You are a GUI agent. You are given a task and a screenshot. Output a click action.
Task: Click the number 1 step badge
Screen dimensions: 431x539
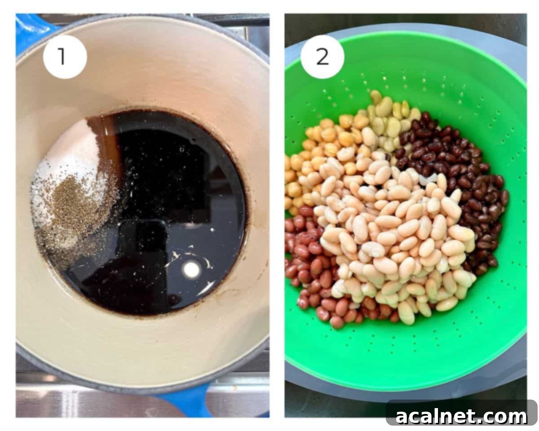click(x=65, y=57)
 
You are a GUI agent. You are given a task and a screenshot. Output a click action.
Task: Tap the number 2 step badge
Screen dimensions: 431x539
click(x=322, y=57)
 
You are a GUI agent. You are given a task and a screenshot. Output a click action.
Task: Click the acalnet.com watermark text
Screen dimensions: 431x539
click(x=461, y=416)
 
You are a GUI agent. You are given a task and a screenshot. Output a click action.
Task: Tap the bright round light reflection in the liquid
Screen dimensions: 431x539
click(x=192, y=269)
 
